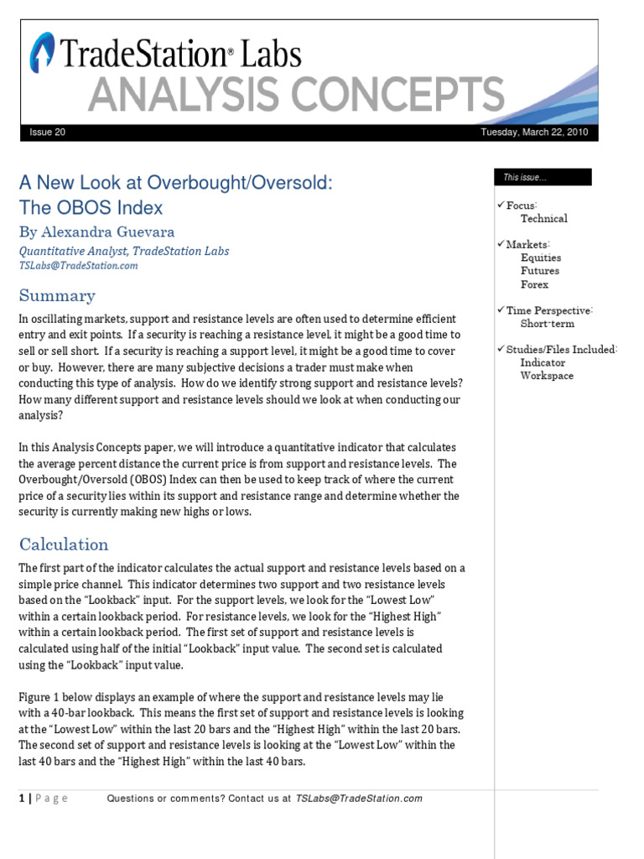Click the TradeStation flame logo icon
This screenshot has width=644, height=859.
coord(43,52)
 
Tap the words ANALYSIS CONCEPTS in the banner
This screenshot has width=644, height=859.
coord(296,94)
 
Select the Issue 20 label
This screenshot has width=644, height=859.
coord(47,133)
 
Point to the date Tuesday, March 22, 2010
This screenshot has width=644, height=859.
coord(534,133)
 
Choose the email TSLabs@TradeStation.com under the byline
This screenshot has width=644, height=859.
coord(78,265)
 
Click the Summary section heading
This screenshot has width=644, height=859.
coord(57,295)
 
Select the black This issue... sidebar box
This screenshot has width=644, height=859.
coord(543,177)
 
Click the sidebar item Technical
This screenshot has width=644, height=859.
coord(543,218)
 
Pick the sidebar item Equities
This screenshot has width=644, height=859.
coord(540,258)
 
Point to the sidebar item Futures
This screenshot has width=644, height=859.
coord(539,271)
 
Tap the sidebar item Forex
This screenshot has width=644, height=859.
coord(534,284)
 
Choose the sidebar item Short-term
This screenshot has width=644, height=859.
coord(547,323)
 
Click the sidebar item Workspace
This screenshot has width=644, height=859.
coord(547,376)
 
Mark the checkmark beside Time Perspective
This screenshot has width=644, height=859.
coord(500,310)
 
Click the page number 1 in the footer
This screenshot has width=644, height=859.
coord(22,799)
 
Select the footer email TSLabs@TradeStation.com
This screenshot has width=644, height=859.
coord(359,799)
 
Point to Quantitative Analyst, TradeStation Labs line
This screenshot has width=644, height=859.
coord(123,251)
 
